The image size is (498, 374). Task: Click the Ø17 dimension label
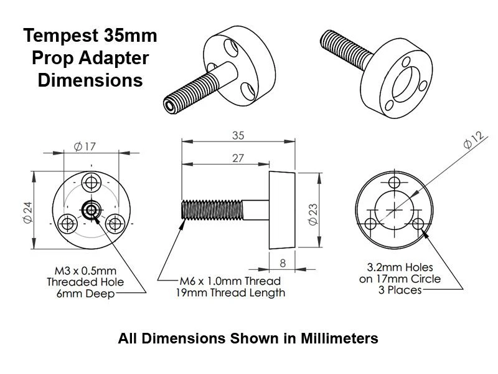[85, 147]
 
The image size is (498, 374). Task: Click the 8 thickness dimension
[283, 262]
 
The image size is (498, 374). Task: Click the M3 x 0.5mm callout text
[85, 271]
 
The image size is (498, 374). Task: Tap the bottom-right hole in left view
[115, 223]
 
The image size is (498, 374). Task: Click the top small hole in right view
[393, 184]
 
